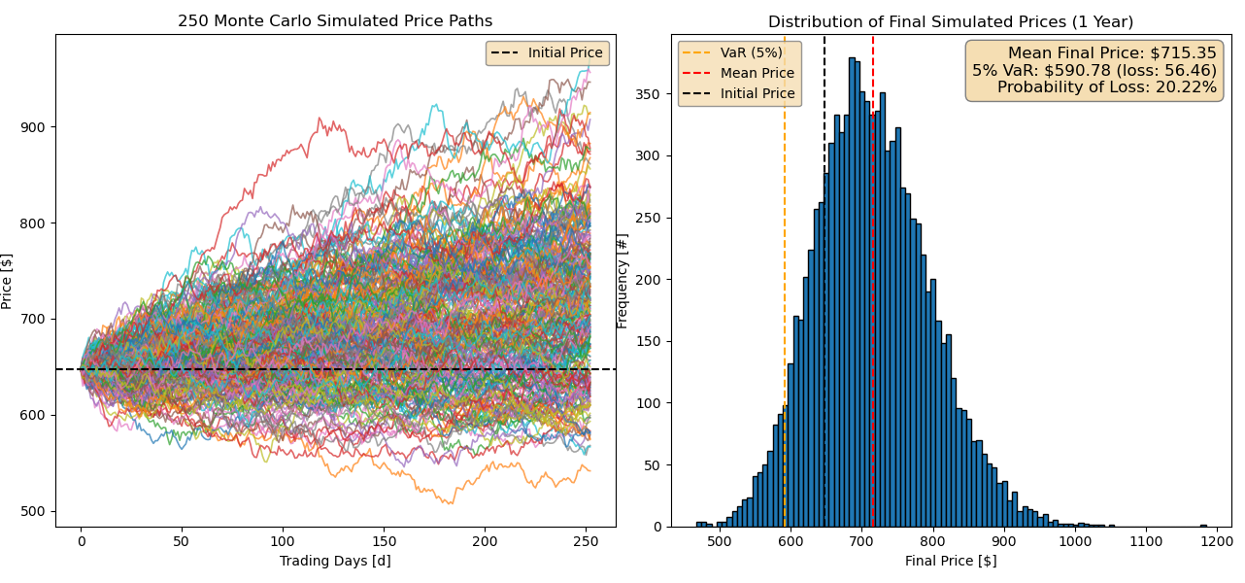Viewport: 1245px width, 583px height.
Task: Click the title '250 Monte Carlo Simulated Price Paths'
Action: pos(335,21)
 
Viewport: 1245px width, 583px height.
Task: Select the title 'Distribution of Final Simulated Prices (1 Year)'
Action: pos(951,21)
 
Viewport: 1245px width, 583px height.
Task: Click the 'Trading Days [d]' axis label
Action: pos(335,561)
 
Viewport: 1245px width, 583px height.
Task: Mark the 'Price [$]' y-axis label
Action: pos(8,280)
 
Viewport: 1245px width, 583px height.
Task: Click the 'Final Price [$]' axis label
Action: pos(951,561)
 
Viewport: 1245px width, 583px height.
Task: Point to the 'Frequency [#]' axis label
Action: pos(622,280)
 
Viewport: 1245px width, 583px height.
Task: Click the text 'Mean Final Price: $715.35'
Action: pos(1111,53)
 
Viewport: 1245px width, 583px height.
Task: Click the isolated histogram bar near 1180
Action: pos(1203,525)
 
